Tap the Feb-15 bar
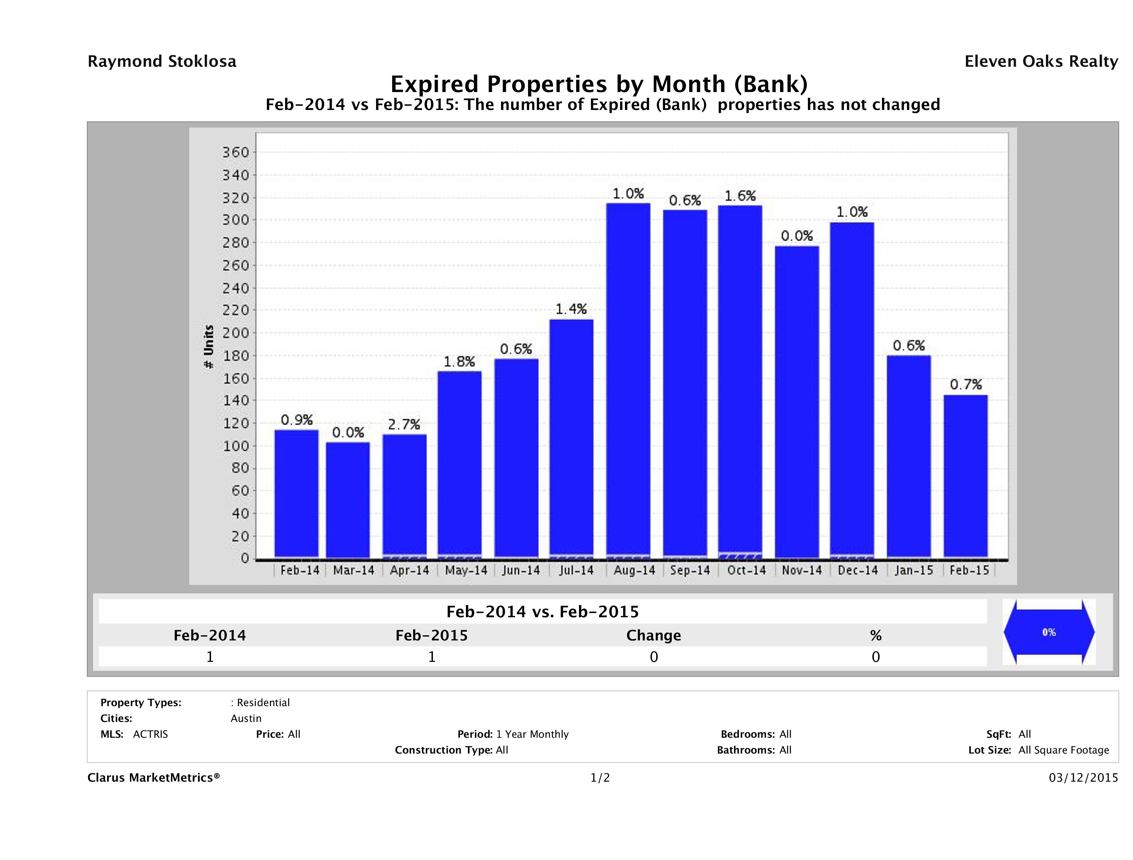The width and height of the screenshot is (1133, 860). (x=966, y=477)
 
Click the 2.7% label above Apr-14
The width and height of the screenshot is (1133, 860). (x=404, y=424)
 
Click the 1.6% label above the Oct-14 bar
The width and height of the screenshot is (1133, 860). (x=740, y=196)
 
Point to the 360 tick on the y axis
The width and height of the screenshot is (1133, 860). (x=235, y=152)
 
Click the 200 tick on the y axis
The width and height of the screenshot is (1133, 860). (x=235, y=333)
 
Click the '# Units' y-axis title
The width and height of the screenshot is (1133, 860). (x=209, y=346)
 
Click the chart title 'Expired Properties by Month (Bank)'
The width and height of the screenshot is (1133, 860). (x=599, y=84)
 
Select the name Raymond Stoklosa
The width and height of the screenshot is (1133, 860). (x=162, y=61)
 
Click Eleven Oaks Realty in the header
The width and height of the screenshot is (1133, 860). (x=1041, y=61)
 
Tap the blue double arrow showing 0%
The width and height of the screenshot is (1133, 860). (x=1048, y=632)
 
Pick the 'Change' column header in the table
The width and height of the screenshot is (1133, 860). (x=654, y=636)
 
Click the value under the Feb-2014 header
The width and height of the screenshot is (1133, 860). (x=210, y=657)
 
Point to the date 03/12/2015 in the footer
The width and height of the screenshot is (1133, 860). (x=1083, y=777)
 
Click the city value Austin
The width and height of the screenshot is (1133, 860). (x=246, y=718)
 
